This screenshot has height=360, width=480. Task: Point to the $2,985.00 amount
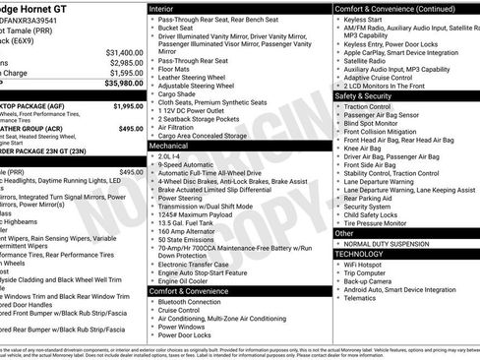125,62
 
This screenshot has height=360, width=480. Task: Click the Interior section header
161,8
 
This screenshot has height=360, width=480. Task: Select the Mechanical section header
168,145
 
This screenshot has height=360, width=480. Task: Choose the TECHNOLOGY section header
359,253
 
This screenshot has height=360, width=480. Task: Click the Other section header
341,233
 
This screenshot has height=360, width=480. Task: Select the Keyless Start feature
365,19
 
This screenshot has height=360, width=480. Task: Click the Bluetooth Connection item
196,301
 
